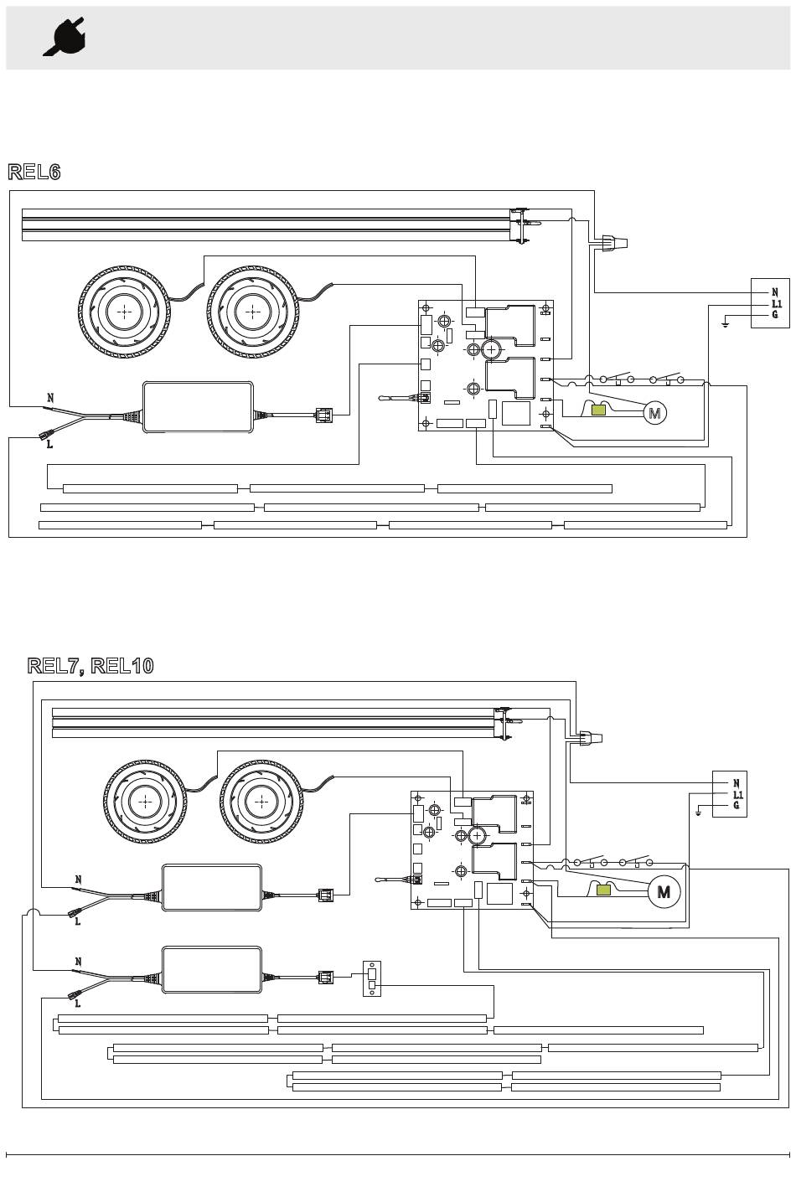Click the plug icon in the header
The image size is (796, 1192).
click(x=65, y=36)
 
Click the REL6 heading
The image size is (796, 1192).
click(x=34, y=172)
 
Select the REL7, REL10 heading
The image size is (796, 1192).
click(x=90, y=666)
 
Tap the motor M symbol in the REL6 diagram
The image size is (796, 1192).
click(x=655, y=413)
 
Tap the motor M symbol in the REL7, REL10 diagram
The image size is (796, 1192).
click(x=664, y=892)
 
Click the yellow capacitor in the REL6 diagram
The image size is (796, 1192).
click(x=600, y=410)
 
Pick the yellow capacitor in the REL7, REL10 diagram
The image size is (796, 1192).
click(x=603, y=890)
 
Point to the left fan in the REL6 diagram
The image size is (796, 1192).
click(x=125, y=312)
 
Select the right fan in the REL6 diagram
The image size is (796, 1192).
click(x=252, y=312)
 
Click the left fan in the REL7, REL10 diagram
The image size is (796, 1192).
click(x=145, y=802)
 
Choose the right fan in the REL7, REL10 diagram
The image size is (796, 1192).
click(x=261, y=802)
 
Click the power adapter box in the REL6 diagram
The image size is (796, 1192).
click(x=198, y=407)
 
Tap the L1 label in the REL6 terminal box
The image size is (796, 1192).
click(x=776, y=304)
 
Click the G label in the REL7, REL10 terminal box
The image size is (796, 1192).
click(x=737, y=805)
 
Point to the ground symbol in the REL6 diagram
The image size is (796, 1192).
click(x=725, y=323)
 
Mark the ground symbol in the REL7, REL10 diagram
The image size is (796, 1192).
click(x=699, y=813)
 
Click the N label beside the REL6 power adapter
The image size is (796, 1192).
click(x=50, y=398)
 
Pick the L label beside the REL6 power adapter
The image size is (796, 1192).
click(x=50, y=445)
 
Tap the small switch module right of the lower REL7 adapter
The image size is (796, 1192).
click(x=372, y=978)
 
